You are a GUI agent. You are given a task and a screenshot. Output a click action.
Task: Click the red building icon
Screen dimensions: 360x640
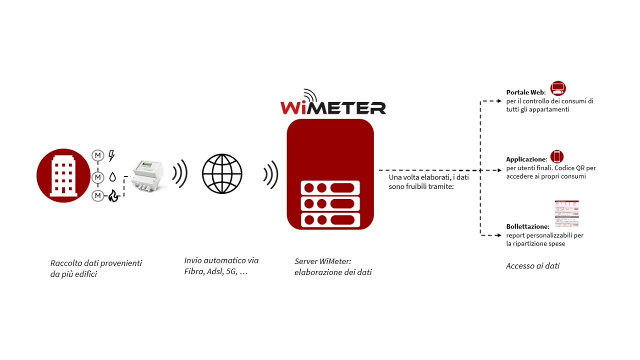(x=63, y=175)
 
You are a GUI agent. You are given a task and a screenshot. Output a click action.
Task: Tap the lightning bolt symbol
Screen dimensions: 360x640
(x=111, y=156)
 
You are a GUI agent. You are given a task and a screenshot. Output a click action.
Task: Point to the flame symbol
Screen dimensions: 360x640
(x=113, y=196)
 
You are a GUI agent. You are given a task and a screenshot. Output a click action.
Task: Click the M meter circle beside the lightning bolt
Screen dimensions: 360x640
(x=97, y=156)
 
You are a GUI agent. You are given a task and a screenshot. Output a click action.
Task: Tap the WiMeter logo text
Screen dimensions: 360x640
(x=333, y=106)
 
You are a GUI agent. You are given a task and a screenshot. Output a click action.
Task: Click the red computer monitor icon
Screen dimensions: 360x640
(x=558, y=88)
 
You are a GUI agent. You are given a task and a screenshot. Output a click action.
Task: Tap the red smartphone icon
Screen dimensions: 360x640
(x=557, y=156)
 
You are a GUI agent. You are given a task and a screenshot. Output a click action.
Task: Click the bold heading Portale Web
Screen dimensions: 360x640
(x=524, y=92)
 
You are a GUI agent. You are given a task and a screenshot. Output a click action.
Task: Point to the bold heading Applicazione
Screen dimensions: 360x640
(x=526, y=159)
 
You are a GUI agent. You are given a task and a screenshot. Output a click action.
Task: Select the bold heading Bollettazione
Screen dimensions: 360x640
(x=527, y=226)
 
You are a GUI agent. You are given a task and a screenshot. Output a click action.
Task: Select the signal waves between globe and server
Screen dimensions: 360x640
(x=271, y=174)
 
